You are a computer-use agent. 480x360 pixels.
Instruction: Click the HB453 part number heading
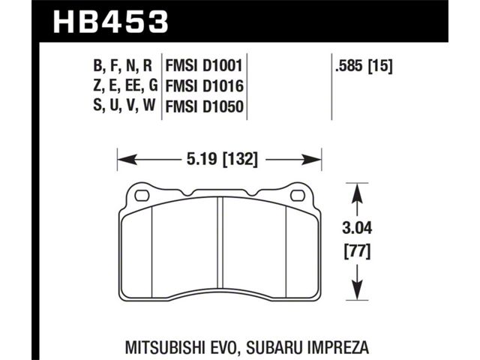point(111,22)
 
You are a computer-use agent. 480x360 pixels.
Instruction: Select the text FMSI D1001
point(204,66)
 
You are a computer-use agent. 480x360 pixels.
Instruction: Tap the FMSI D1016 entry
point(204,86)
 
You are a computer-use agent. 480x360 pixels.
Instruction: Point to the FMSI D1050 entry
point(204,106)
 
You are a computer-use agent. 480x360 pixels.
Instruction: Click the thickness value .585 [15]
point(364,66)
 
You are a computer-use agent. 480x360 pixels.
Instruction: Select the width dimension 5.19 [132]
point(222,159)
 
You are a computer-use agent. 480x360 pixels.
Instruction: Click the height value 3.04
point(357,228)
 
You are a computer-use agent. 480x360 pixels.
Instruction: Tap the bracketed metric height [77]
point(357,252)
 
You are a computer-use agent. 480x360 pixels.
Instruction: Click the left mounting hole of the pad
point(142,196)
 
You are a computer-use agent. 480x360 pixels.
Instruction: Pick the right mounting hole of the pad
point(298,196)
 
